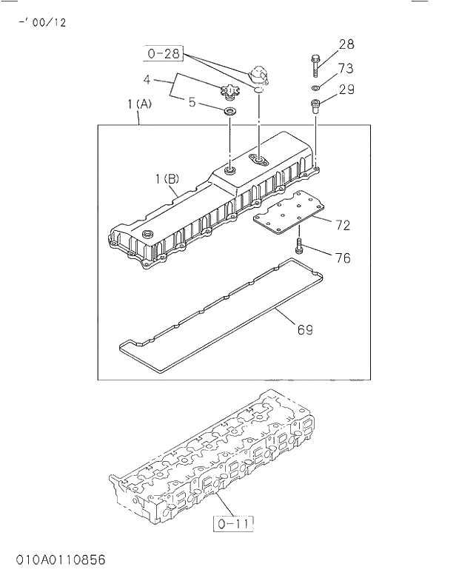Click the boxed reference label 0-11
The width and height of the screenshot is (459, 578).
234,524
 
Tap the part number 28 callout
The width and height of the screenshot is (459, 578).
346,45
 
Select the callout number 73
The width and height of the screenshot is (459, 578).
346,68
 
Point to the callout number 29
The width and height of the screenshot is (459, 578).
346,90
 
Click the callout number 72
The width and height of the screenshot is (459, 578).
342,224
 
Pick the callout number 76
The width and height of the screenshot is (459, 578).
343,258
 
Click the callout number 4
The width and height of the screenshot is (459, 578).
147,79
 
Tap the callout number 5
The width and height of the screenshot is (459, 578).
192,103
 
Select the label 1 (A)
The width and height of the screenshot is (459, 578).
139,104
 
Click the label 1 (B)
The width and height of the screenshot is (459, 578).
167,178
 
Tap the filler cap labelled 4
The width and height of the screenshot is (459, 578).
229,93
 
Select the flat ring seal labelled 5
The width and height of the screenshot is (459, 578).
230,112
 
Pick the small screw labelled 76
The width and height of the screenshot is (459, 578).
299,247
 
